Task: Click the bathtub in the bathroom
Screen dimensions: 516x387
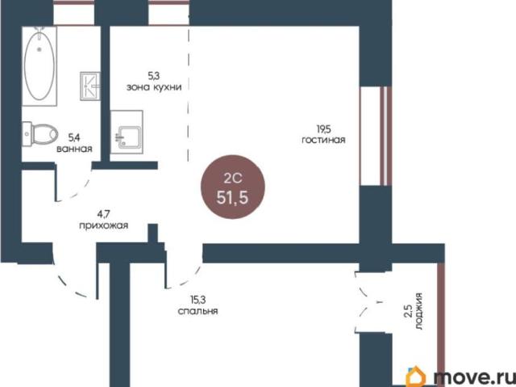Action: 40,66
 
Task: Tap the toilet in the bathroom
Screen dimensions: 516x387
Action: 40,134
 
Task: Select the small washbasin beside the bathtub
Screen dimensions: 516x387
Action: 90,86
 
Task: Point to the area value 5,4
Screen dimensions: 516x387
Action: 74,137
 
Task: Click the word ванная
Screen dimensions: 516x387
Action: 74,149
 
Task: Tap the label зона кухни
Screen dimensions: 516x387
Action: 154,88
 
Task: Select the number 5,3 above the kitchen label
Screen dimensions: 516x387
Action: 153,76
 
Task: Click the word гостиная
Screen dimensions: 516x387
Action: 323,140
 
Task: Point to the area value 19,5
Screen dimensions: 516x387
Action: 323,128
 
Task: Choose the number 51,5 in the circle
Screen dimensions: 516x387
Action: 232,198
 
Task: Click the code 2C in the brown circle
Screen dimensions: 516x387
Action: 233,179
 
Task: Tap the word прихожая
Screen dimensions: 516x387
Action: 103,226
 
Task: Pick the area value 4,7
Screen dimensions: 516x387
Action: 103,215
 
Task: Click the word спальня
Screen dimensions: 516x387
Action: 198,311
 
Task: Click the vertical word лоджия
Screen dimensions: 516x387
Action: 418,312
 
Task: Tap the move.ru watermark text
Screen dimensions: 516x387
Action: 473,376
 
